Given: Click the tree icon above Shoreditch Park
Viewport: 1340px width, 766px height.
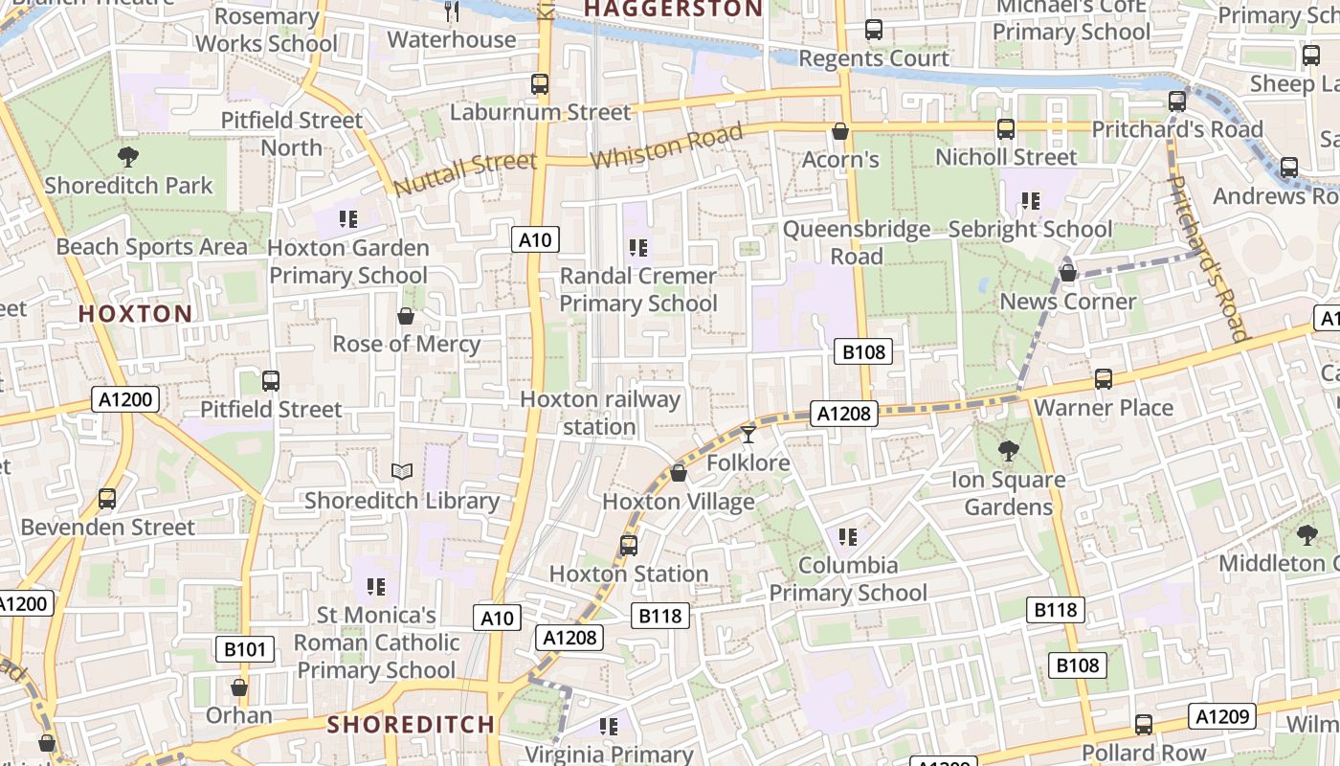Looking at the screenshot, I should [x=127, y=157].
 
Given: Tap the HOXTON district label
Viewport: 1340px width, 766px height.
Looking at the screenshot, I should [x=135, y=314].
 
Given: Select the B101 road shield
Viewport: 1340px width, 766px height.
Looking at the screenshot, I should [x=244, y=649].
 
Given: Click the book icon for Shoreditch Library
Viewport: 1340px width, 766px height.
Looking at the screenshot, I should [x=402, y=471].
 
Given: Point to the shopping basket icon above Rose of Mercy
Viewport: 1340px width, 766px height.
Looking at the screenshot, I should [x=406, y=316].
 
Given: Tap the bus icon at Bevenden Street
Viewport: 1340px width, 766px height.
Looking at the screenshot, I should [x=107, y=499].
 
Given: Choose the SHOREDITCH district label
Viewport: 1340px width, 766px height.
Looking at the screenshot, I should [x=411, y=724].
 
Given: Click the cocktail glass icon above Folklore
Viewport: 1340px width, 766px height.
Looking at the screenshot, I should [x=748, y=435].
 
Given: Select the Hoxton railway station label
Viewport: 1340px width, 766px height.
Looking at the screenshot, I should [x=600, y=413].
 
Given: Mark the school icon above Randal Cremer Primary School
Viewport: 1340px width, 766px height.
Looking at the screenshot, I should [x=638, y=249].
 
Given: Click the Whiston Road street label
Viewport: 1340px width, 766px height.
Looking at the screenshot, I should [x=666, y=146].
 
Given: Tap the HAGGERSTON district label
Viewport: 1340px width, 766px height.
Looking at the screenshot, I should [x=673, y=10].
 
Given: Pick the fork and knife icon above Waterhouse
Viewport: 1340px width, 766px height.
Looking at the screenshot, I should [x=453, y=11].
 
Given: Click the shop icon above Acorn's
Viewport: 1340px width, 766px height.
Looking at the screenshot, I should [x=840, y=131].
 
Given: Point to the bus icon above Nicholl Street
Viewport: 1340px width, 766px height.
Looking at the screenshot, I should [x=1006, y=128].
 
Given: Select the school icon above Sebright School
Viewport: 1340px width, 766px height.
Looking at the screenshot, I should [x=1030, y=201].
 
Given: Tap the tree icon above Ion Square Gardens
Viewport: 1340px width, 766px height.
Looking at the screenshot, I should [x=1008, y=451].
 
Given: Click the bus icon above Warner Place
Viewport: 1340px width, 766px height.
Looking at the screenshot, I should [x=1104, y=379].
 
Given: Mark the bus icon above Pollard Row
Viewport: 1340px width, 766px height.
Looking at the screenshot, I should [x=1143, y=725].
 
